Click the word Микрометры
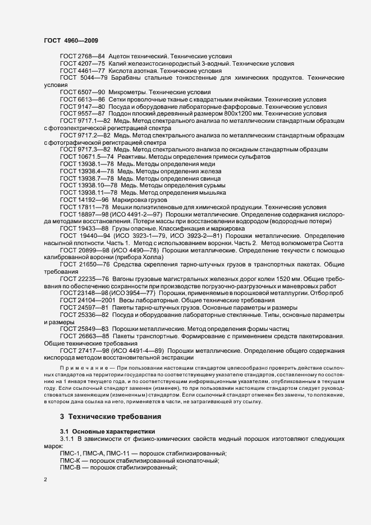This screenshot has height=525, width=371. (x=132, y=92)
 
